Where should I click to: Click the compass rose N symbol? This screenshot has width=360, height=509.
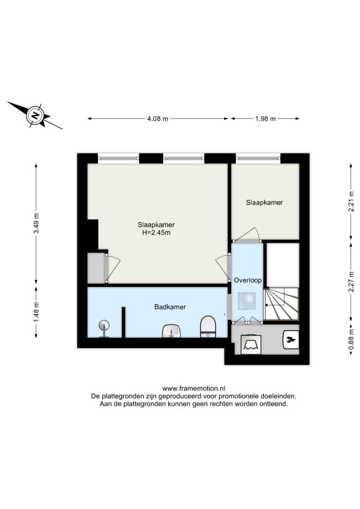click(35, 115)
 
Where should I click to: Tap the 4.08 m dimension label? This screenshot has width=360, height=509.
click(158, 119)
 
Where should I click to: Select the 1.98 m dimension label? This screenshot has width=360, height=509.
click(265, 119)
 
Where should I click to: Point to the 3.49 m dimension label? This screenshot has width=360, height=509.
click(36, 223)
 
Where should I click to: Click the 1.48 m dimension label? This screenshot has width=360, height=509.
click(36, 313)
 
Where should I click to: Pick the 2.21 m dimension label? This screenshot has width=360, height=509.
click(351, 201)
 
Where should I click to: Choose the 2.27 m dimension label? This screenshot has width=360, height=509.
click(351, 281)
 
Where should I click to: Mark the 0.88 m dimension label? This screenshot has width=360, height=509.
click(351, 340)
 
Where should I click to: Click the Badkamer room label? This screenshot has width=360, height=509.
click(170, 307)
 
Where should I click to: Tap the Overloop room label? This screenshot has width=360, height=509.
click(248, 280)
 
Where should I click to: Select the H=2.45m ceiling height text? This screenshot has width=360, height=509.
click(156, 233)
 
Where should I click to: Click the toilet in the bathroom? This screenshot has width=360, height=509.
click(208, 327)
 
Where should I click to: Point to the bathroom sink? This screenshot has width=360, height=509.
click(171, 331)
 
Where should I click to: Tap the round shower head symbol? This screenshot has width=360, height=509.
click(104, 325)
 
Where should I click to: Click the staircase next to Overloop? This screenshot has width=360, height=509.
click(281, 304)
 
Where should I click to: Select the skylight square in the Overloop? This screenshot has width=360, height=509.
click(247, 301)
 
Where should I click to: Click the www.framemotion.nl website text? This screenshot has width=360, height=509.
click(194, 388)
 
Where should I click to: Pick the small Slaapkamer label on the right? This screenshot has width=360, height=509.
click(264, 203)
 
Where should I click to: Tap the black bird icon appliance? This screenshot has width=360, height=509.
click(291, 340)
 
